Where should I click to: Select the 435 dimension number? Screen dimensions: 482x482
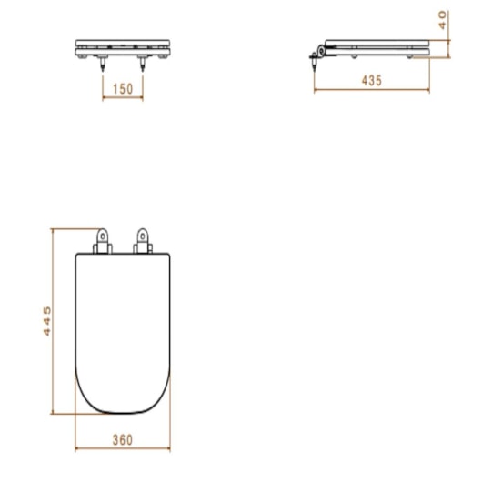tap(372, 80)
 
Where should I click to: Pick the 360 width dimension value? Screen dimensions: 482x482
tap(122, 439)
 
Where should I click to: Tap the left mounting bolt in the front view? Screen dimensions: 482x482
tap(103, 65)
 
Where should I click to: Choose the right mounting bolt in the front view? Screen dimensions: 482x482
tap(142, 65)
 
